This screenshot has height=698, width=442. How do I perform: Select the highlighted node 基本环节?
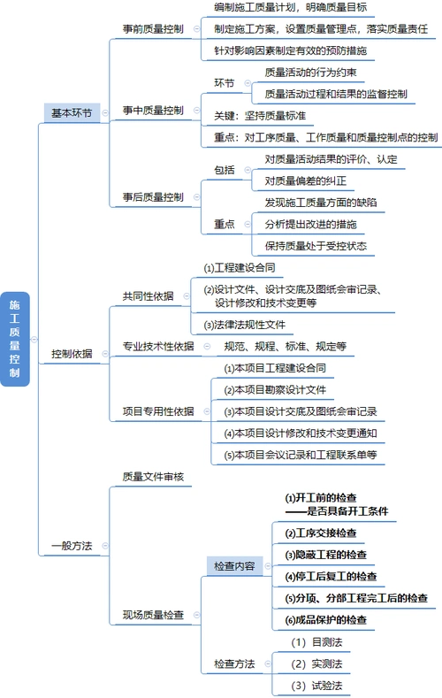tap(72, 112)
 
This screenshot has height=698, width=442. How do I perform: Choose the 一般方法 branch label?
tap(72, 545)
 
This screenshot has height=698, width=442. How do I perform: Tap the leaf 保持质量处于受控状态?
tap(315, 246)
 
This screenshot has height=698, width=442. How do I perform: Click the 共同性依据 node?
tap(148, 295)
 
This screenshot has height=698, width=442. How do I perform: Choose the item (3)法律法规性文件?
tap(244, 324)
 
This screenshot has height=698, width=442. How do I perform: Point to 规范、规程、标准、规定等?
tap(285, 346)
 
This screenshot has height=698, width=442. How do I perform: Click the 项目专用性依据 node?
tap(157, 411)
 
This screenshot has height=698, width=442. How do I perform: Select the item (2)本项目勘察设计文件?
tap(274, 389)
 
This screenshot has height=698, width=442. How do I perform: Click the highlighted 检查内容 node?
tap(233, 564)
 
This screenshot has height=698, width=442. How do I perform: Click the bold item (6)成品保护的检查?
tap(325, 620)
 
